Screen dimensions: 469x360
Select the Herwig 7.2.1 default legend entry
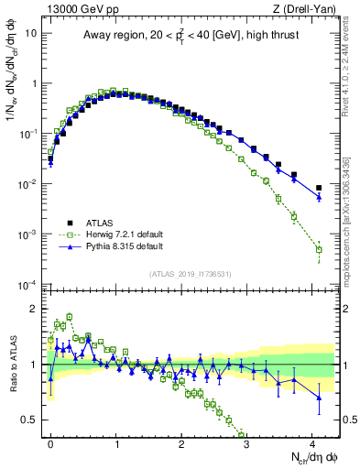coord(107,234)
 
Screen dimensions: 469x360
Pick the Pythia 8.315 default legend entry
coord(106,247)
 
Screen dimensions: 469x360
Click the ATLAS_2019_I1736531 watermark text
coord(191,274)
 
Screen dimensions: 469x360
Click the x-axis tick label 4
coord(312,442)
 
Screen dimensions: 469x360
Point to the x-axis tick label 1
coord(116,442)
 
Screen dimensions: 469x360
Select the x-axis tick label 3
coord(247,442)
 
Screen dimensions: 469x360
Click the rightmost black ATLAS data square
coord(319,188)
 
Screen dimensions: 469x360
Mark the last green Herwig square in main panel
coord(319,249)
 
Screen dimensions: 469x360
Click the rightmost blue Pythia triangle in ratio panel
coord(319,397)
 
